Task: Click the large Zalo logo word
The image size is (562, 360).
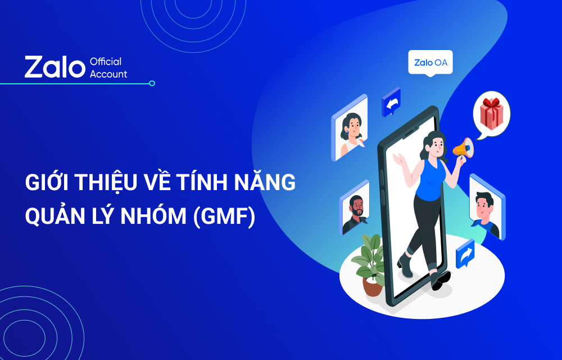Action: [55, 67]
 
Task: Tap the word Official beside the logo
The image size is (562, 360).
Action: [106, 61]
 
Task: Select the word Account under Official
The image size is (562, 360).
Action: [108, 74]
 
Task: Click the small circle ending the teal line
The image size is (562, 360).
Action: [152, 83]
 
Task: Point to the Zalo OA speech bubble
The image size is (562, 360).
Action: [430, 63]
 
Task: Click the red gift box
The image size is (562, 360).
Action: [491, 113]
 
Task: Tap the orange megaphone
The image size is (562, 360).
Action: [464, 148]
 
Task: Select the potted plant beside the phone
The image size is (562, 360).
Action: [369, 264]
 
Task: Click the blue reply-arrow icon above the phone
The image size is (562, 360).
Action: [391, 102]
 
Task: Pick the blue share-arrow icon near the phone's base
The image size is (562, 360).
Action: [465, 254]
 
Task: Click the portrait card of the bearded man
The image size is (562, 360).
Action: [355, 208]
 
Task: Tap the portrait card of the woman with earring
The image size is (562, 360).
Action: [350, 128]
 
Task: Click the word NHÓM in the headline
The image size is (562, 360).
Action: [153, 216]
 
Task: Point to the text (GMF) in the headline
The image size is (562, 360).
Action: [224, 217]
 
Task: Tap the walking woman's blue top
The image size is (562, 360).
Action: [430, 179]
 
